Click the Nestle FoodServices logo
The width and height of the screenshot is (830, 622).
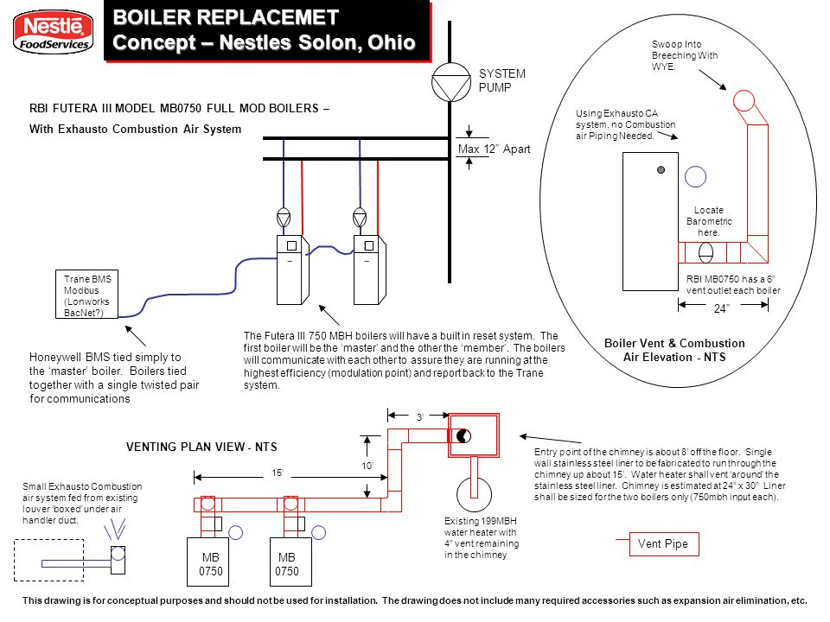tap(53, 32)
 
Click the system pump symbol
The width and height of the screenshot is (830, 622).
tap(451, 82)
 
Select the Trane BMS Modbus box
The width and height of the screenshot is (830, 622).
tap(86, 295)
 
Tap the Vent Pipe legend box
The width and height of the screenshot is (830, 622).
tap(664, 544)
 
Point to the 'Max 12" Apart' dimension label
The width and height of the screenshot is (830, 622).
tap(494, 149)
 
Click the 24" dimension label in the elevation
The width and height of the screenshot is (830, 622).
tap(721, 308)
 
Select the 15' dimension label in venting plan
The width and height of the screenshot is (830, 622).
tap(278, 473)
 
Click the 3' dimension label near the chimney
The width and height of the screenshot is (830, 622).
tap(420, 417)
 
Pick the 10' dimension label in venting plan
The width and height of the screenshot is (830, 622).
tap(367, 466)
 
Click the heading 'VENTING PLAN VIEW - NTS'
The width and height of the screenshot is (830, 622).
tap(201, 447)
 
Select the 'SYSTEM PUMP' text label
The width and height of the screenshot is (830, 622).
tap(501, 80)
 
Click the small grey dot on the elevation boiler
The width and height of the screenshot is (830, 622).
tap(661, 170)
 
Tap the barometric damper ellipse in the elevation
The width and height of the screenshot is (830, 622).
tap(705, 252)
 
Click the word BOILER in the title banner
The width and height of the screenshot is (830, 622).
tap(150, 17)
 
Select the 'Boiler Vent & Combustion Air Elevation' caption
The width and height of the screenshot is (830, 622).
tap(674, 350)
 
